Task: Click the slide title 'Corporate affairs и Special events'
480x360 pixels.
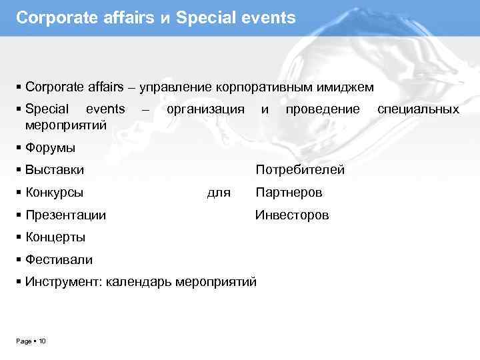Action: coord(155,18)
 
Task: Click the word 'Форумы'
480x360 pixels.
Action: coord(50,147)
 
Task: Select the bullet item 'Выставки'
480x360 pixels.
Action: coord(55,170)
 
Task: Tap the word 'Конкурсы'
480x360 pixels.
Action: coord(54,193)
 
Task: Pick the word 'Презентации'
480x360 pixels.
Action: coord(65,215)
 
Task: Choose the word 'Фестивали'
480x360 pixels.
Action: coord(59,259)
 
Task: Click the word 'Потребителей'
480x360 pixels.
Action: coord(300,170)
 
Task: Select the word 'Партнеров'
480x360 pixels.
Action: coord(289,193)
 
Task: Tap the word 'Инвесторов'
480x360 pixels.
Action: coord(292,215)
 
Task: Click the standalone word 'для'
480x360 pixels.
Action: coord(219,193)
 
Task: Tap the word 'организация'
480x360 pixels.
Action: coord(205,109)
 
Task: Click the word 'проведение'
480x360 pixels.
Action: coord(322,109)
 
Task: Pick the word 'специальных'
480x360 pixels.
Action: coord(419,109)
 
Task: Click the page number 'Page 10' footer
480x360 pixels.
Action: coord(31,341)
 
